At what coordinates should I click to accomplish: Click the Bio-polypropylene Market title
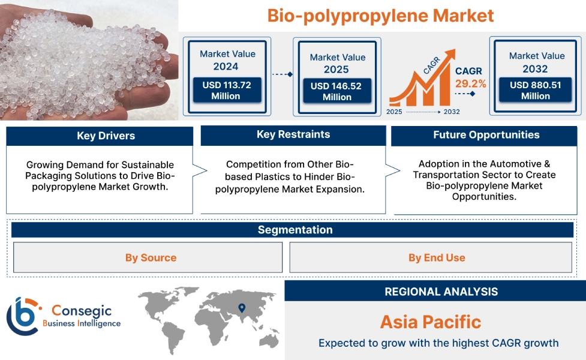[380, 16]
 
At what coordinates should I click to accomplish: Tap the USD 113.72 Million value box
[226, 91]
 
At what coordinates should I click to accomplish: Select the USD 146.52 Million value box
[336, 91]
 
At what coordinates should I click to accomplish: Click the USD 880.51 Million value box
[536, 90]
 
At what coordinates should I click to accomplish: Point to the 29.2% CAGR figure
[471, 83]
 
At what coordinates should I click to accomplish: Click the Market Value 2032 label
[536, 62]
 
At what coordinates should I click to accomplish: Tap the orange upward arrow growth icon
[420, 84]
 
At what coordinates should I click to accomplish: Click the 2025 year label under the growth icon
[395, 112]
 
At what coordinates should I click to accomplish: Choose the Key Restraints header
[293, 134]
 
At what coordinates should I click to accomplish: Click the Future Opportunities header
[486, 135]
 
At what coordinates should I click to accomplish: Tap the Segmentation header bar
[294, 230]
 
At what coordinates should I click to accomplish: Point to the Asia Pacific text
[431, 322]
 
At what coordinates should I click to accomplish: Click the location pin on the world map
[242, 308]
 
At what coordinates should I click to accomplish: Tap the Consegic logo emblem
[23, 316]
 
